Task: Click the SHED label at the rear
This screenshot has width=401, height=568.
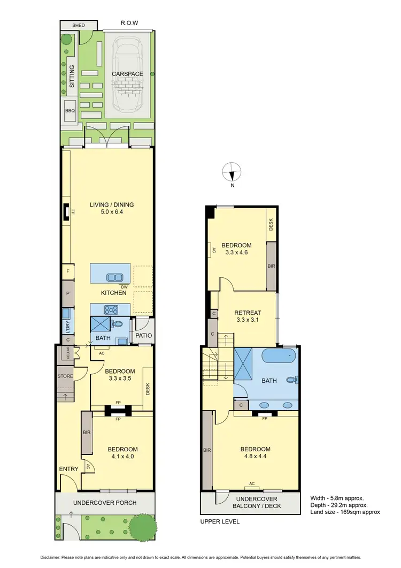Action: [79, 25]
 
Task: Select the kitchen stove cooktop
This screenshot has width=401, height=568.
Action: [111, 308]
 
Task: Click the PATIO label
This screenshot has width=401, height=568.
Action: [144, 336]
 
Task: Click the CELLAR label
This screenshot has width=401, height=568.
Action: [68, 353]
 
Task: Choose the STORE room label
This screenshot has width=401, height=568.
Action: [65, 376]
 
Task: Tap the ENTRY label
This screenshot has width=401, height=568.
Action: [69, 469]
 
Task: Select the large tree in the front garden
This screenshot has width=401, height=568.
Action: [142, 527]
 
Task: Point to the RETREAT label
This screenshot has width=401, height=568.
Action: [248, 313]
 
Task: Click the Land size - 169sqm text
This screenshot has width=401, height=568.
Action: [345, 512]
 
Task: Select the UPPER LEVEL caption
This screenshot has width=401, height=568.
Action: [220, 521]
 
